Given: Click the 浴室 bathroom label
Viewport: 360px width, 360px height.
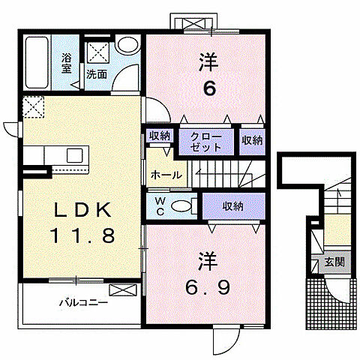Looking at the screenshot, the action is point(67,63).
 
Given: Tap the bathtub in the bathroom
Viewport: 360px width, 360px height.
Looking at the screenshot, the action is point(37,62).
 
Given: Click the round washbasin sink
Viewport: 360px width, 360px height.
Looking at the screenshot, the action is point(127,45).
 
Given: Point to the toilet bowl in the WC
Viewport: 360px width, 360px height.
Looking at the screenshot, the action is point(181,206).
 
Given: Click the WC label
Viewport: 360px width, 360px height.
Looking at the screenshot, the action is point(160,206).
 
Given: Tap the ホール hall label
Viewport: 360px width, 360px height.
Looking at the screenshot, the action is point(166,175).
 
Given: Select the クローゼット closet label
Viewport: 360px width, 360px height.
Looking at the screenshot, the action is point(206,142).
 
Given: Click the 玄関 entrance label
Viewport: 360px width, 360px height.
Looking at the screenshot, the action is point(334,262).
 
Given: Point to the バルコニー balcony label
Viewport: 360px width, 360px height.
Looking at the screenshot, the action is point(83,303).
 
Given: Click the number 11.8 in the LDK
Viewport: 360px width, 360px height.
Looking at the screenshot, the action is point(82,235).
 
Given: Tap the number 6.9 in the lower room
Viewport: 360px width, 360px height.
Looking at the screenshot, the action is point(208,287).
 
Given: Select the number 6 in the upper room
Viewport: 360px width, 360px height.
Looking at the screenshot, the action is point(209,88).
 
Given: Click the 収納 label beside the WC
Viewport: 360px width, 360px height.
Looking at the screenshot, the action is point(233,206).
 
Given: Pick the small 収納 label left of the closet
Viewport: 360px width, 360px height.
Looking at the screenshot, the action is point(160,136).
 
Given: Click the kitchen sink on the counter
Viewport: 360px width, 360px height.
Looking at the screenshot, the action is point(74,155).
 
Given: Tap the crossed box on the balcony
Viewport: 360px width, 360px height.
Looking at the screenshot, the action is point(123,290).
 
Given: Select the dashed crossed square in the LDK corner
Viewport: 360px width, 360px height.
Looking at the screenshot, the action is point(34,107).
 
